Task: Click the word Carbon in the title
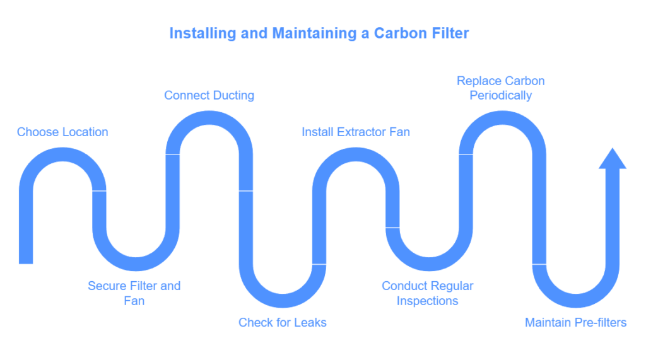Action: [x=399, y=33]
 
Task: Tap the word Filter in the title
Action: [x=449, y=33]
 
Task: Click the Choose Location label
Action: [x=62, y=132]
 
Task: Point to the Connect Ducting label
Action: [x=209, y=96]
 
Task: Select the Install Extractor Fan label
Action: [x=355, y=132]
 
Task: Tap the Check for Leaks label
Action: [x=282, y=323]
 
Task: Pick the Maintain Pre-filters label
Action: [x=575, y=323]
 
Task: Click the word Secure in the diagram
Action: [x=107, y=286]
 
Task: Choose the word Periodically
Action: [x=501, y=96]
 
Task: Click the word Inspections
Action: [x=427, y=301]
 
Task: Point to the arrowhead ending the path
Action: [x=612, y=160]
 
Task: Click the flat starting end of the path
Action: [x=26, y=262]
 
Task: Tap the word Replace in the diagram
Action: [x=479, y=81]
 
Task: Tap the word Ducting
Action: [x=233, y=96]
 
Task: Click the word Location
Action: [x=85, y=132]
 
